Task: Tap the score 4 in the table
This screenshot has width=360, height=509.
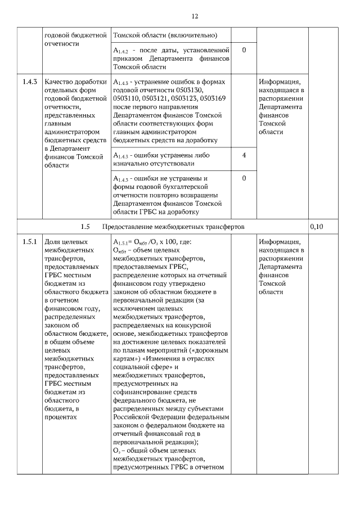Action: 244,155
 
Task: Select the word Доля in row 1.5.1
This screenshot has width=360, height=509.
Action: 53,242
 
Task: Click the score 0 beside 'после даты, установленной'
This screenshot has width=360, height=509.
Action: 244,51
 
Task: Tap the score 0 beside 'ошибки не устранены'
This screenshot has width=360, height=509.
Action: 244,179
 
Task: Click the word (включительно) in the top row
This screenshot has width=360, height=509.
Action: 192,35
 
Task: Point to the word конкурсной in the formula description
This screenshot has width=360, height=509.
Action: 192,325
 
